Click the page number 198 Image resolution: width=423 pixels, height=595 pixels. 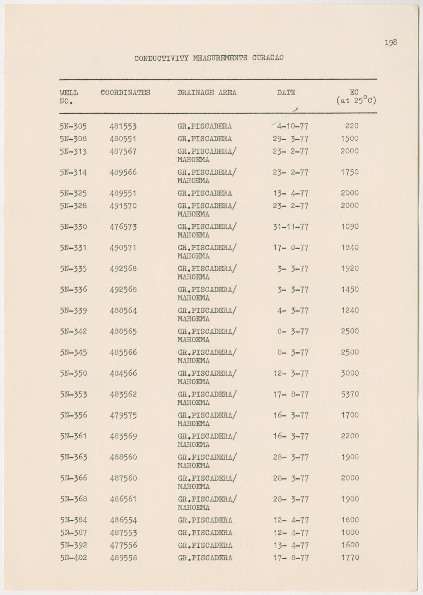[x=391, y=43]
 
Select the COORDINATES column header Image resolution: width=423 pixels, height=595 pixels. [x=125, y=93]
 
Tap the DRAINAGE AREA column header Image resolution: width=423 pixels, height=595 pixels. [x=207, y=93]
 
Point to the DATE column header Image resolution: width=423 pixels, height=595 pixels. [x=286, y=93]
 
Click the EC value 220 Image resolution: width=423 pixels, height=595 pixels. [x=351, y=126]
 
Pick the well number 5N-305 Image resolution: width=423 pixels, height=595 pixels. [x=73, y=126]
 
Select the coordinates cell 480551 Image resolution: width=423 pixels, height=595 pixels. [x=123, y=139]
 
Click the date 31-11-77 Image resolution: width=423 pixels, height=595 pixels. [x=291, y=227]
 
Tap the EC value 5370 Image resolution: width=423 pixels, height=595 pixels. [x=350, y=395]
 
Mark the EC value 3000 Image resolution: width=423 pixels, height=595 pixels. [x=350, y=374]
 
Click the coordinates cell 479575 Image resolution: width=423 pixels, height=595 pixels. [x=123, y=415]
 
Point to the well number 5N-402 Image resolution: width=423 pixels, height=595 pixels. [x=73, y=558]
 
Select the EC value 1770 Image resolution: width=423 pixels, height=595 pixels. [x=350, y=558]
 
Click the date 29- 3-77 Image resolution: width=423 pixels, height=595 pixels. [x=291, y=139]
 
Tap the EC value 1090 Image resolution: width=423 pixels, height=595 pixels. [x=350, y=227]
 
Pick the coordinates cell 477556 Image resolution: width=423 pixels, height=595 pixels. [x=123, y=545]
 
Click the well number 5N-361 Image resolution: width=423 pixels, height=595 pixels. [x=73, y=436]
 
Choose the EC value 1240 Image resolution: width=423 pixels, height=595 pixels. [x=350, y=310]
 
